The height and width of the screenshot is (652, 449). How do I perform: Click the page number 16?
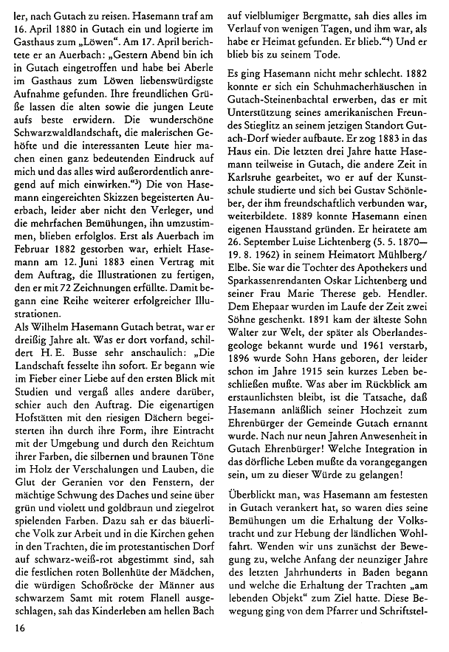click(x=19, y=628)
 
